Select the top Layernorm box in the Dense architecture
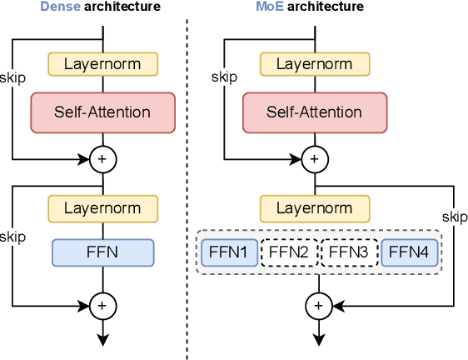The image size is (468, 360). click(102, 63)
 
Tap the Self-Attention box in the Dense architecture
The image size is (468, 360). click(102, 112)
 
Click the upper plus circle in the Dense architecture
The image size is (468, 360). click(102, 157)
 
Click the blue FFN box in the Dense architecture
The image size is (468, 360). click(102, 252)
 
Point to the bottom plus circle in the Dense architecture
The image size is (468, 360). click(102, 306)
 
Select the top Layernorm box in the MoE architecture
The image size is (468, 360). click(316, 63)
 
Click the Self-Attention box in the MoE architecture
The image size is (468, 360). click(316, 112)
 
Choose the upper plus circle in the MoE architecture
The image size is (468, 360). click(316, 157)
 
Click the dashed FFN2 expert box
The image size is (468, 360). click(289, 252)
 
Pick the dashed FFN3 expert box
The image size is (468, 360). click(349, 252)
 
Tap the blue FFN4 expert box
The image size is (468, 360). click(408, 252)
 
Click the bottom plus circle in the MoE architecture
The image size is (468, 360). click(316, 306)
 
